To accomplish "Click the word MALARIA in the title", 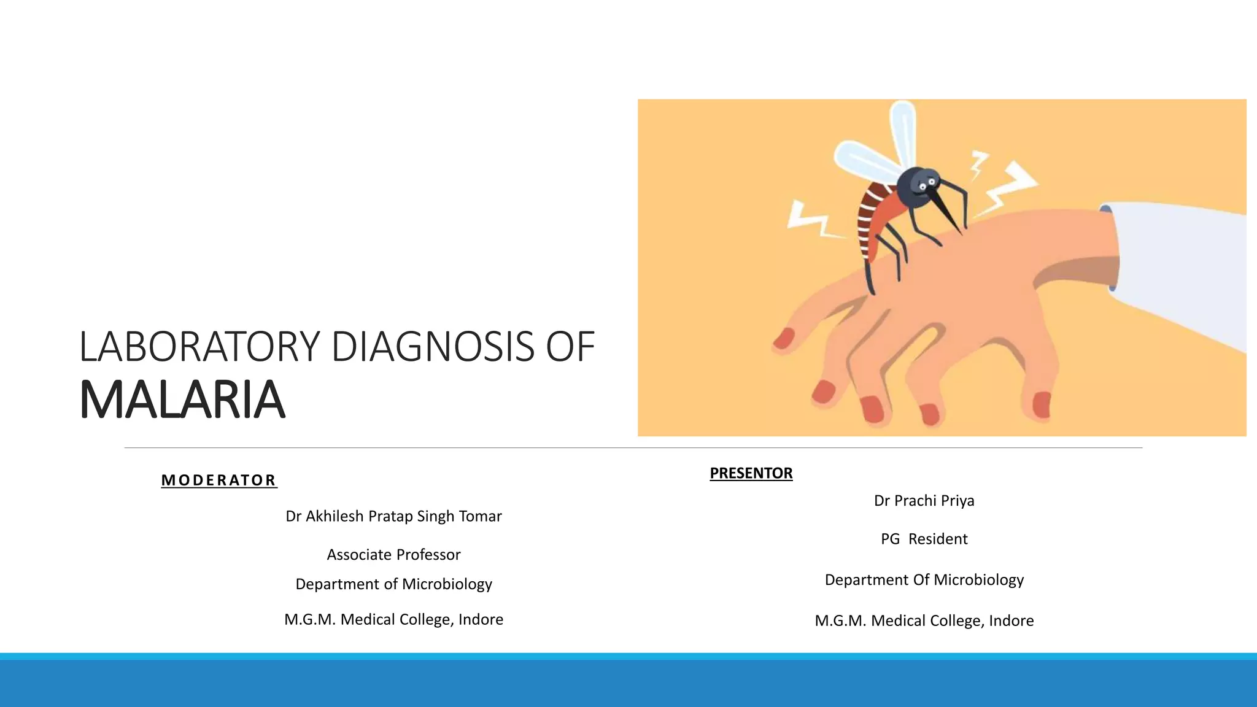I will coord(182,400).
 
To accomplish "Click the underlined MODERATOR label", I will coord(219,480).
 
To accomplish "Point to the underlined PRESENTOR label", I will coord(751,473).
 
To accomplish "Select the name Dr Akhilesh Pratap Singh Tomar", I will coord(393,516).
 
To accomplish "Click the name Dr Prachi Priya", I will coord(924,501).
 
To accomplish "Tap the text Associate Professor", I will coord(393,555).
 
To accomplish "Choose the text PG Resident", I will coord(924,539).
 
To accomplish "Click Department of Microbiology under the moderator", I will coord(393,584).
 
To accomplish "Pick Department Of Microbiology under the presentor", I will coord(924,580).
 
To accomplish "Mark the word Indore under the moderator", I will coord(481,619).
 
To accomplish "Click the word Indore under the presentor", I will coord(1011,620).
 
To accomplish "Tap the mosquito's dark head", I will coord(917,188).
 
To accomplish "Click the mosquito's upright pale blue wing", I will coord(902,129).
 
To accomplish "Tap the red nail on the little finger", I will coord(784,338).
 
